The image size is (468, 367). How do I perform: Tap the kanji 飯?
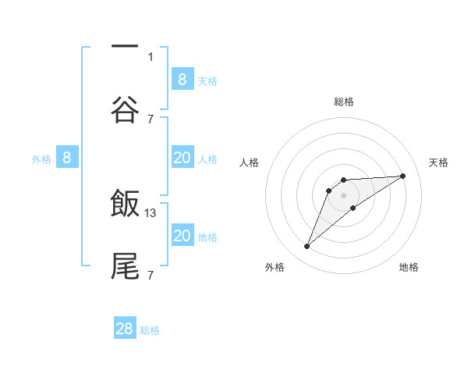coord(125,205)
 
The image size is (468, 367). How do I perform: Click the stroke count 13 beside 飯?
coord(151,212)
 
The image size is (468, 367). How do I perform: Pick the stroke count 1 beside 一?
coord(151,56)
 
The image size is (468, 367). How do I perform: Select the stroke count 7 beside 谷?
coord(151,119)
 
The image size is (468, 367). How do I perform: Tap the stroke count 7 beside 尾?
coord(151,275)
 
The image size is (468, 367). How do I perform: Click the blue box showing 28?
coord(125,329)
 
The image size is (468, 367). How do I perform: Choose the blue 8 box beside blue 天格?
coord(182,79)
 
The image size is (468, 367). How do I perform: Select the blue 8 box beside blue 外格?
coord(67,158)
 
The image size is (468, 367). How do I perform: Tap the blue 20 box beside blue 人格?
coord(182,158)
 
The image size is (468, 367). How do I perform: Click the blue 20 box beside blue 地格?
coord(182,236)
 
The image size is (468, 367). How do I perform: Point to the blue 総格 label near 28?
coord(150,330)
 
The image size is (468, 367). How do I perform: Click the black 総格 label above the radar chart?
coord(343,102)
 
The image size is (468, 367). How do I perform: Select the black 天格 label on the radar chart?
coord(438,162)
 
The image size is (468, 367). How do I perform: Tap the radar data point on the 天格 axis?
coord(403,176)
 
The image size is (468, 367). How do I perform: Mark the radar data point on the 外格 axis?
coord(307,247)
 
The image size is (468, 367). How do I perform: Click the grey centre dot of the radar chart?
coord(343,195)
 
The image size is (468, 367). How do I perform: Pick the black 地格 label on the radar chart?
coord(409,267)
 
